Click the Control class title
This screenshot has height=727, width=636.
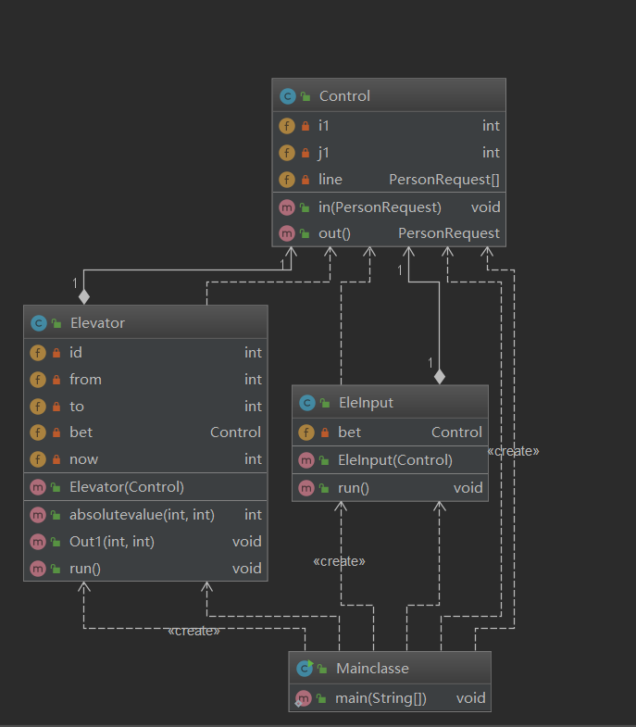tap(344, 96)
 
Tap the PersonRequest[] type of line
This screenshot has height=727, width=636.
tap(444, 180)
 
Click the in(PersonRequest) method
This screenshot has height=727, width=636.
tap(380, 207)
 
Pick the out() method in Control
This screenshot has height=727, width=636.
tap(334, 233)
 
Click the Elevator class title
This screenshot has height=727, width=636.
tap(97, 323)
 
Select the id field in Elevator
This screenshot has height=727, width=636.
tap(76, 353)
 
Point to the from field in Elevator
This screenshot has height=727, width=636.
tap(85, 380)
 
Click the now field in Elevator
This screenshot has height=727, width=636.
tap(83, 459)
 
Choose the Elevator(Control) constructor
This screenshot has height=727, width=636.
tap(126, 487)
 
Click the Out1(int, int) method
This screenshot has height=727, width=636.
tap(112, 542)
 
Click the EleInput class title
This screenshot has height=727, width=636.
tap(366, 403)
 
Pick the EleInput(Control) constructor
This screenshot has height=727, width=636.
tap(394, 460)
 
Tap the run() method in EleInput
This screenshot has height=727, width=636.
tap(354, 488)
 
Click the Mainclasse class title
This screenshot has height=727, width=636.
tap(373, 669)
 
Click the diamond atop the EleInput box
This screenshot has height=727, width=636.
tap(440, 376)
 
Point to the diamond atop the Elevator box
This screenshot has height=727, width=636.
tap(84, 296)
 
